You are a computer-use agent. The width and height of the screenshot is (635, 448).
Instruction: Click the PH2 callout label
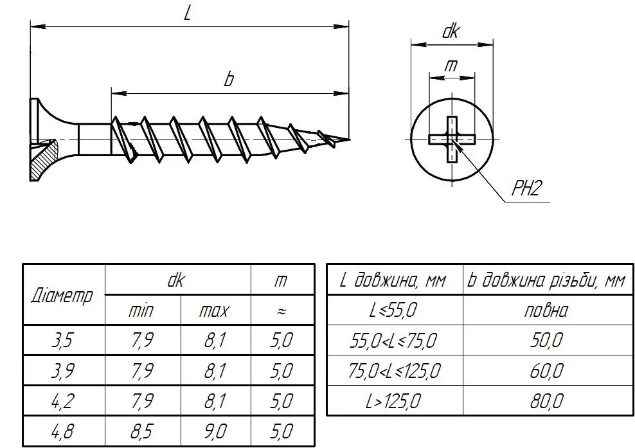pos(526,188)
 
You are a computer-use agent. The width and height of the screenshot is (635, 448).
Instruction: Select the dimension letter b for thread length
pos(229,79)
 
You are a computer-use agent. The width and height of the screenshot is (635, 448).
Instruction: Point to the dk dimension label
pos(451,31)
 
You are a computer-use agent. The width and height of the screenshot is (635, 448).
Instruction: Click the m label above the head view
pos(451,65)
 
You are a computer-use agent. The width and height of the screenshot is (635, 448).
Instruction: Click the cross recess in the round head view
pos(452,139)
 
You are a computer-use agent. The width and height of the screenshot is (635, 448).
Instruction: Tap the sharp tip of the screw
pos(349,139)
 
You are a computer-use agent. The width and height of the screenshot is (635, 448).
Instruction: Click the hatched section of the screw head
pos(41,161)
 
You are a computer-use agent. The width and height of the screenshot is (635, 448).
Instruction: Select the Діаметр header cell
pos(62,295)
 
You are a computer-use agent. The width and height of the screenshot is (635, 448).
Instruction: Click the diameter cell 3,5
pos(62,340)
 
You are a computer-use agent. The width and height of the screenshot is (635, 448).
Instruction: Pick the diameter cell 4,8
pos(62,431)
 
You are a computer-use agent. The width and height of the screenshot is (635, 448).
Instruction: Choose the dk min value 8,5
pos(142,431)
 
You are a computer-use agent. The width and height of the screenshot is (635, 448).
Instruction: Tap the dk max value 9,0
pos(215,431)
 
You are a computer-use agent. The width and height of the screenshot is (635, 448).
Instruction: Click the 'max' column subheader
pos(214,311)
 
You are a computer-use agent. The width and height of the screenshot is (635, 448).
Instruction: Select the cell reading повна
pos(546,310)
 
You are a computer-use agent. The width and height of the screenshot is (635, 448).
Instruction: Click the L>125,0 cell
pos(393,401)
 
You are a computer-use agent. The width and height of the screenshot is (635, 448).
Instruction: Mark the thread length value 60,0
pos(547,371)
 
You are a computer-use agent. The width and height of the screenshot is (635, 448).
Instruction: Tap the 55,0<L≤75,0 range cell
pos(393,340)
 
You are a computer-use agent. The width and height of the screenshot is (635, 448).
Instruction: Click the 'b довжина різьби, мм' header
pos(546,280)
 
